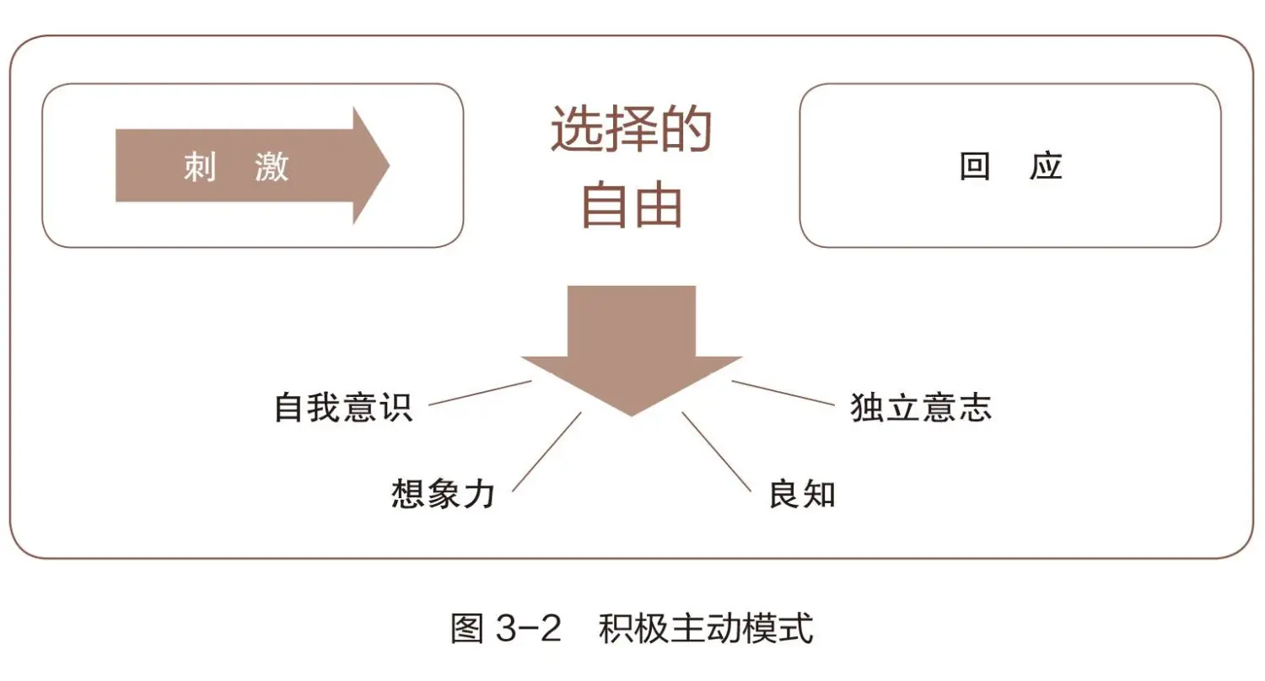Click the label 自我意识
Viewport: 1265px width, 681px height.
click(x=343, y=406)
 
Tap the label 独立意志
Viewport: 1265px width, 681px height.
click(x=921, y=406)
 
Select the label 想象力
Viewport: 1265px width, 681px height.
click(x=443, y=494)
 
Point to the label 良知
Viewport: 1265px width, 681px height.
click(x=801, y=494)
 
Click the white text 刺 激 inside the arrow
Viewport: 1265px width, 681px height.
click(x=236, y=167)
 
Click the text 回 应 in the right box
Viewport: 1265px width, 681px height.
click(x=1010, y=167)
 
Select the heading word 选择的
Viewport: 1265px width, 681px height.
click(x=632, y=131)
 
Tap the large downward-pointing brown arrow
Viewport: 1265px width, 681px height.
click(x=632, y=346)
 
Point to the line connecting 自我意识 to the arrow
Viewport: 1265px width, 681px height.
click(x=480, y=393)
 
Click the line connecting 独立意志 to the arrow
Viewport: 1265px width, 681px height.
click(x=782, y=393)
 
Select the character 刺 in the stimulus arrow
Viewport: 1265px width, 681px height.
click(x=200, y=167)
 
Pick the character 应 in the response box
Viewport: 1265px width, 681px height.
click(x=1046, y=167)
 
